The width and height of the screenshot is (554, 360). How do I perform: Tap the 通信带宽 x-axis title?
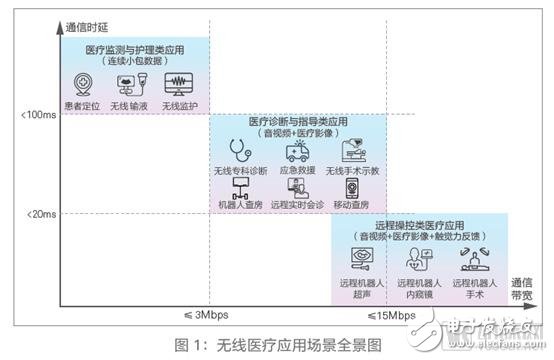pos(526,290)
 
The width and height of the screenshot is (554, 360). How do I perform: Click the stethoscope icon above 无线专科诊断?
pos(241,151)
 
